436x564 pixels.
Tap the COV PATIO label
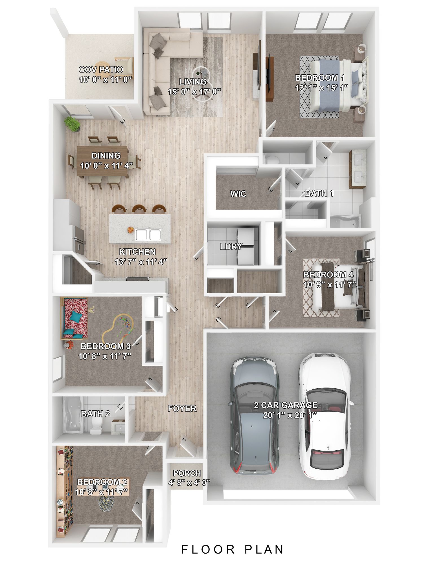pos(101,69)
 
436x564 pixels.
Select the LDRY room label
pos(231,246)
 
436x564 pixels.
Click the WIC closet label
pos(238,194)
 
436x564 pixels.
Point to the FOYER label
pos(182,408)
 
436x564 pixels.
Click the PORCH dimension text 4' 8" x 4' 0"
pos(189,482)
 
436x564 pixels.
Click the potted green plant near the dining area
pos(73,124)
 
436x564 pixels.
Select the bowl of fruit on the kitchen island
pos(130,230)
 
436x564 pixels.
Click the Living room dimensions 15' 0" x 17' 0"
pos(194,91)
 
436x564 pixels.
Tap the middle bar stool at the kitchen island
pos(139,209)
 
